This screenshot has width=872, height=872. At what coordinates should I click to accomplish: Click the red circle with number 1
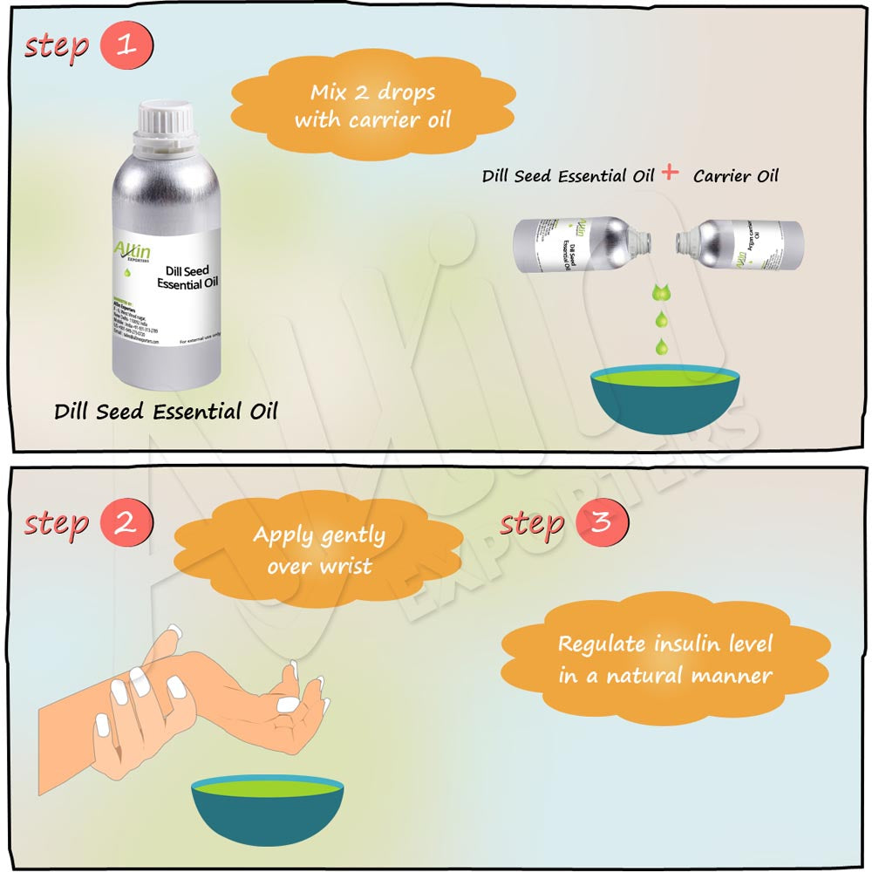127,45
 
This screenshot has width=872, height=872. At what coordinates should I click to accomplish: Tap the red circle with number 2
127,523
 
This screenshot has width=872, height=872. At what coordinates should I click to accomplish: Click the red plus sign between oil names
670,172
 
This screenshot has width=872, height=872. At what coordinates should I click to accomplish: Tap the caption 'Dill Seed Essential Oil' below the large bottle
166,411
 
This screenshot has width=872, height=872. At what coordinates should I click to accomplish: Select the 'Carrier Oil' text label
735,175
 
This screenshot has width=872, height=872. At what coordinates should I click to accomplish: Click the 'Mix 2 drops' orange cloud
372,106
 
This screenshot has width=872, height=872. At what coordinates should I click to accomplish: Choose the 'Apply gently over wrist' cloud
319,550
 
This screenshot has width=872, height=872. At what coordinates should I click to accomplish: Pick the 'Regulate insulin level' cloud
665,659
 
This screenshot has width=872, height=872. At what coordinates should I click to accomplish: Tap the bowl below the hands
268,810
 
